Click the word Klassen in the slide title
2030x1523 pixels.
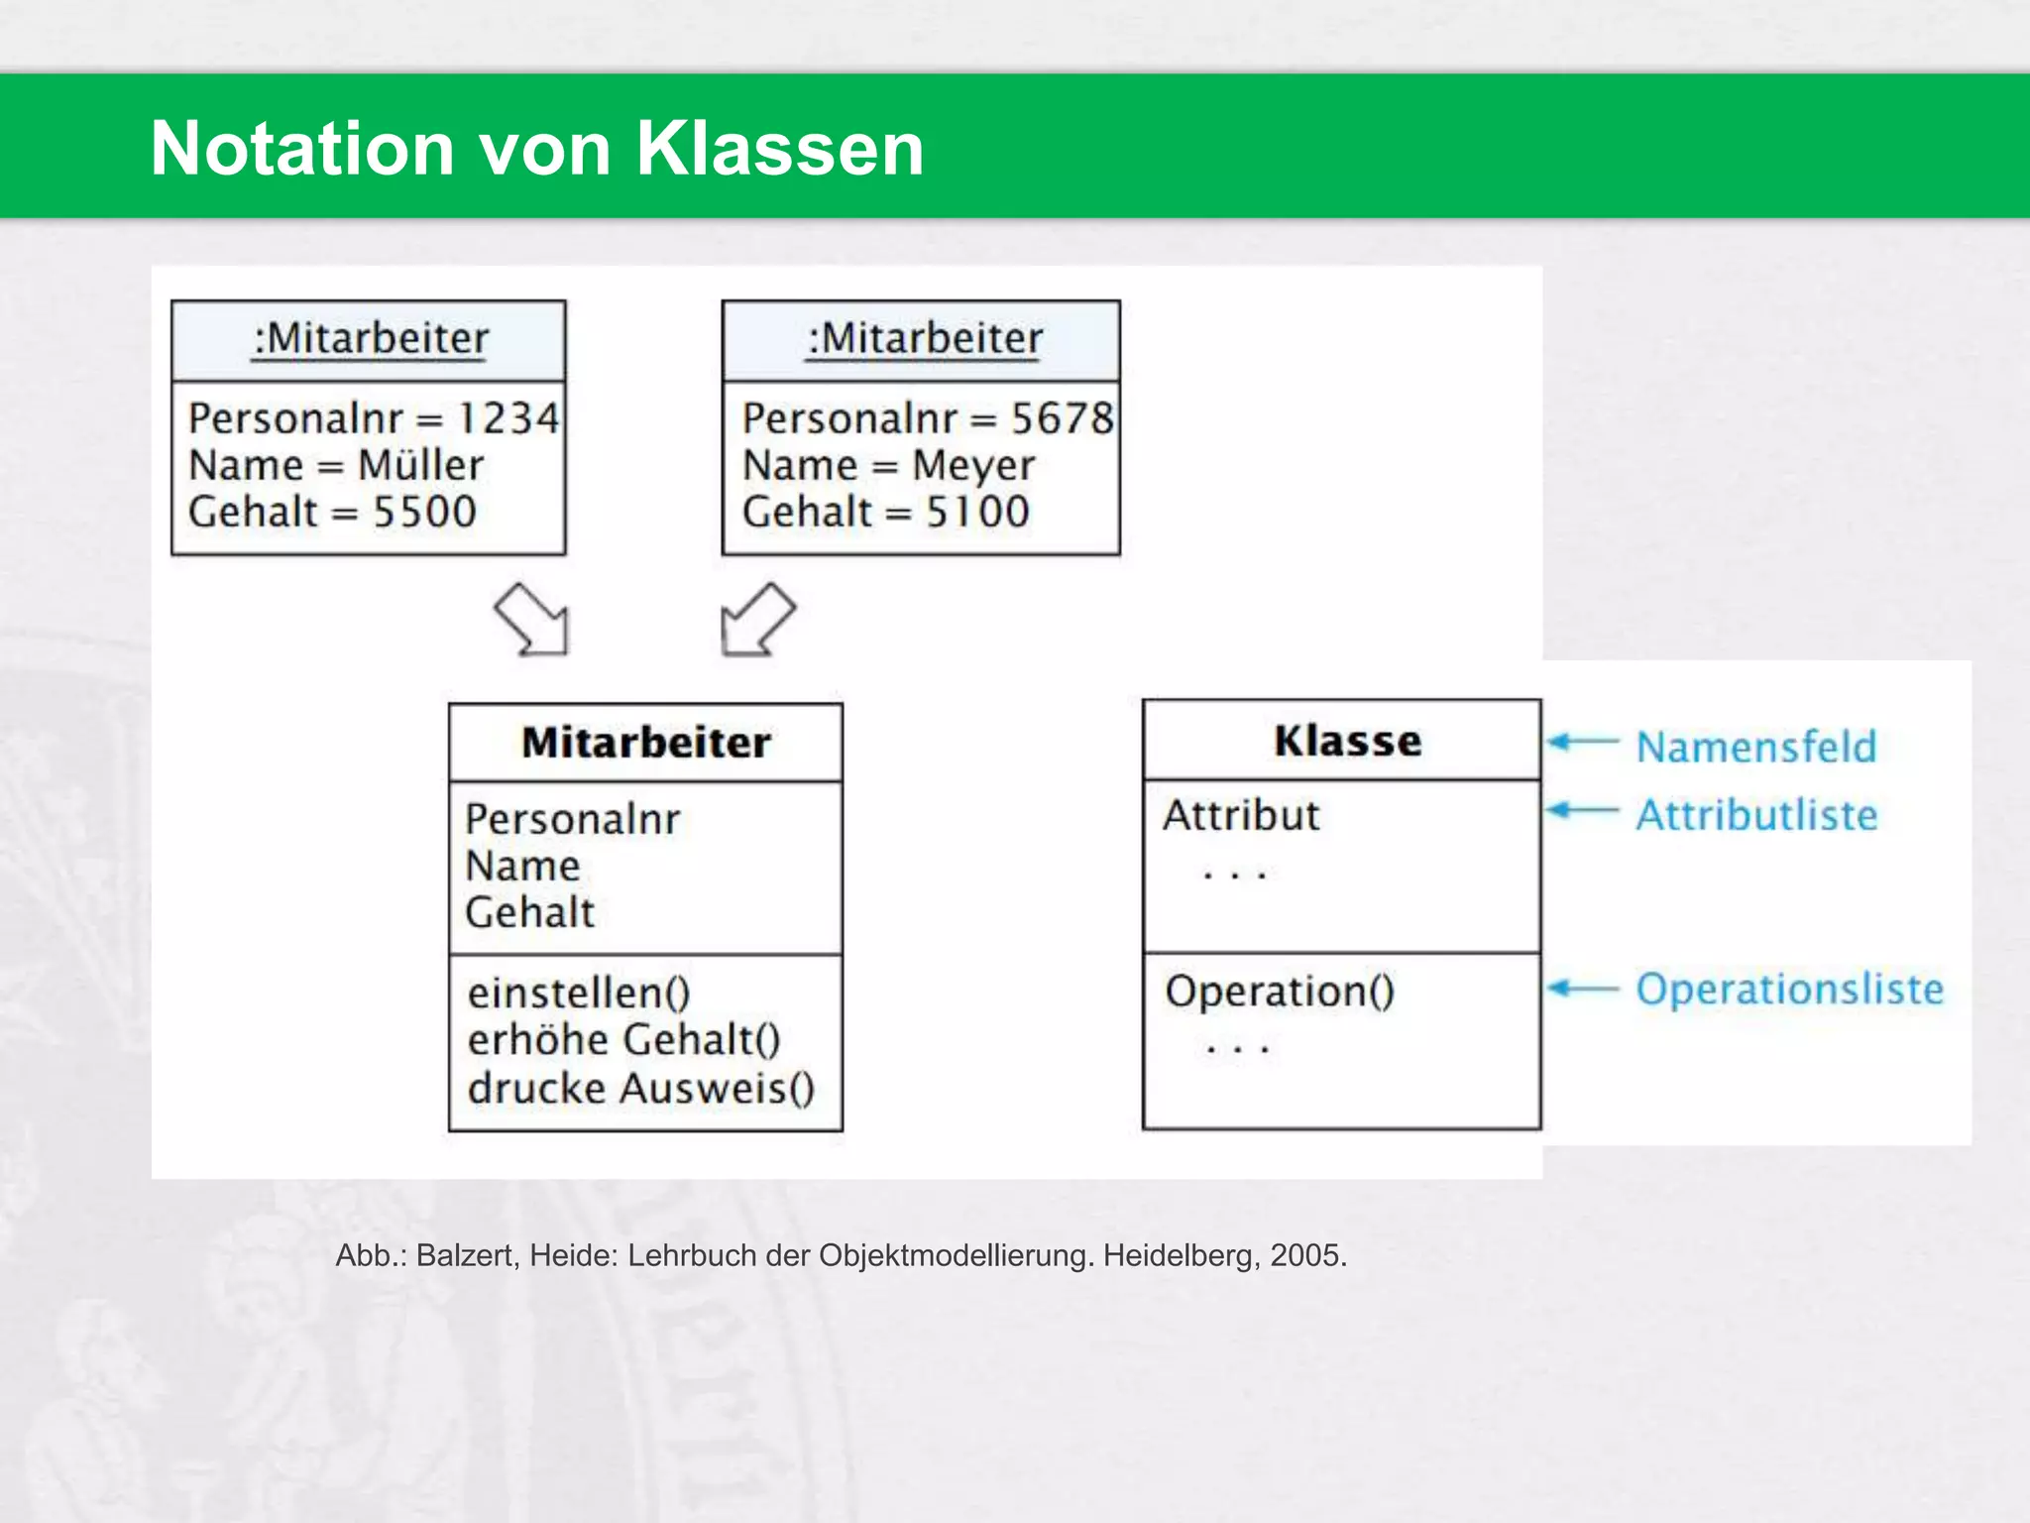(779, 149)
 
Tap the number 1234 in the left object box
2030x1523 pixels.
(507, 418)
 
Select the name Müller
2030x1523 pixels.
(420, 465)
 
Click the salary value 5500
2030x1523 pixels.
(424, 512)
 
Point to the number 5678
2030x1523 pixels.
(1062, 418)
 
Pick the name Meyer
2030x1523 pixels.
(972, 465)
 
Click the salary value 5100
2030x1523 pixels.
(977, 512)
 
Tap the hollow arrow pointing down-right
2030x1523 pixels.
(533, 620)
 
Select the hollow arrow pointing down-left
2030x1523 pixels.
(756, 620)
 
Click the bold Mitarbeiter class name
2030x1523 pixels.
(645, 743)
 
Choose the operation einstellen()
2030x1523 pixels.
(579, 993)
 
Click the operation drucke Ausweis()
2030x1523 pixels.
(640, 1088)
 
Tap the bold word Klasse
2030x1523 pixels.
(1347, 741)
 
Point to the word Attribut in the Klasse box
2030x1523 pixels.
(1241, 815)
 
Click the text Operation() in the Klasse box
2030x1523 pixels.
(1279, 991)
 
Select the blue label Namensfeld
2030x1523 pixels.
(1756, 747)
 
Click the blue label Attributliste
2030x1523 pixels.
(1756, 815)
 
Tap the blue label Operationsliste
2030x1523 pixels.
(1789, 989)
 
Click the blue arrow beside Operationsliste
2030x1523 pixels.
(1583, 989)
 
